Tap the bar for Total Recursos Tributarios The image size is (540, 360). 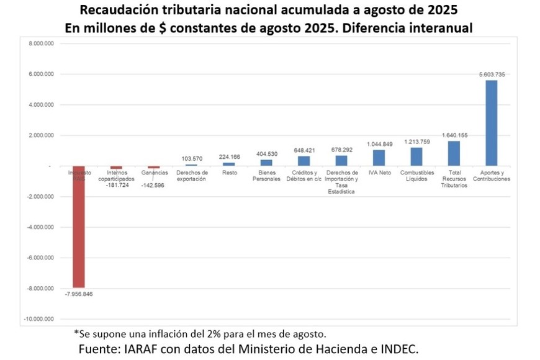click(x=454, y=153)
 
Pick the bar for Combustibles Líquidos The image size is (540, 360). click(x=416, y=156)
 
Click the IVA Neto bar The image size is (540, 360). click(x=379, y=158)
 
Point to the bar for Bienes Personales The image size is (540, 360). click(x=267, y=163)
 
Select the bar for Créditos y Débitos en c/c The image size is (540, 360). click(x=304, y=161)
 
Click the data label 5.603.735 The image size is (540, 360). click(x=492, y=74)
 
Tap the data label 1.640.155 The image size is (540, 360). click(x=454, y=135)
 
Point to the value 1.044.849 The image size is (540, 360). click(x=379, y=144)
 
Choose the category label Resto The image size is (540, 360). click(x=229, y=173)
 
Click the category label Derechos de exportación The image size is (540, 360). click(x=192, y=176)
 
